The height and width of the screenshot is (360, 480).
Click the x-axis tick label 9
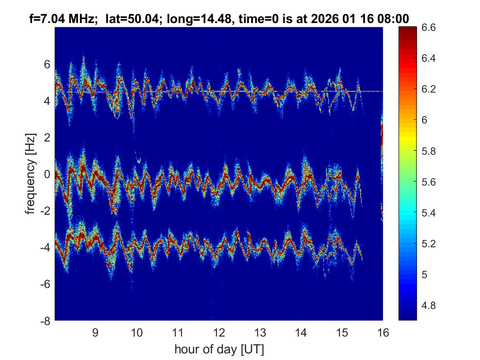pos(95,332)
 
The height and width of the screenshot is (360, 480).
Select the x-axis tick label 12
pos(218,332)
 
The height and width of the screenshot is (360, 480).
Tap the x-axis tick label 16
pos(383,332)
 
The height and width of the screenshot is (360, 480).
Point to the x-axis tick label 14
pos(301,332)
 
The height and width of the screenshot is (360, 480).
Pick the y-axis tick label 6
pos(47,64)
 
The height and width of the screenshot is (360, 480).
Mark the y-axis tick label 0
pos(47,174)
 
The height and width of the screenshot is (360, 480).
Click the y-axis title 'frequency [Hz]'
pos(30,174)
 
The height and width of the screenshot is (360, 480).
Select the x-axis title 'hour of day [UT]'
pos(219,350)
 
